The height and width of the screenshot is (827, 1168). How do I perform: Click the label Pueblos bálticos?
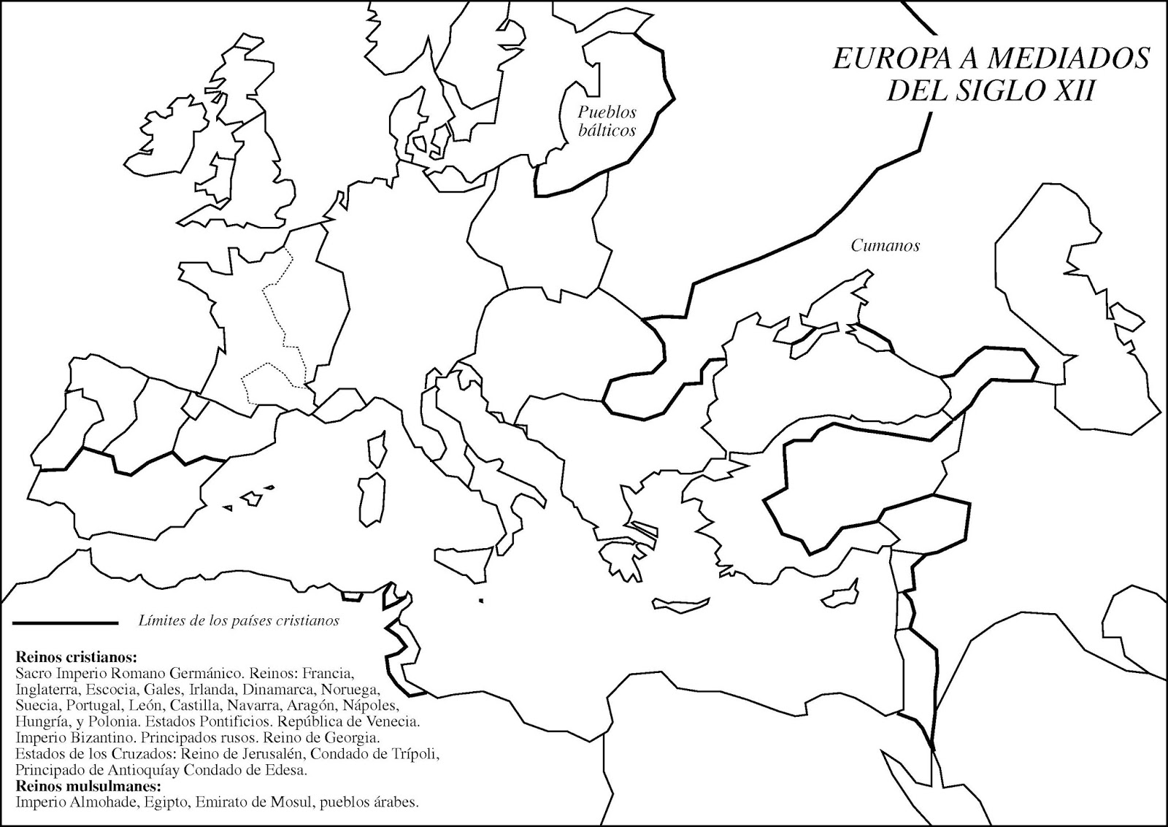[x=607, y=121]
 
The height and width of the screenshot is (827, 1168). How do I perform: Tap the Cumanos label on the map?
[x=885, y=246]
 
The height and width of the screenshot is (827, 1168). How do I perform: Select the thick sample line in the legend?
[x=65, y=623]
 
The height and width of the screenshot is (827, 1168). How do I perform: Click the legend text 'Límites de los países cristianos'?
[x=239, y=621]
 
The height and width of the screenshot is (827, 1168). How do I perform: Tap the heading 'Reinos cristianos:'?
[x=66, y=655]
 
